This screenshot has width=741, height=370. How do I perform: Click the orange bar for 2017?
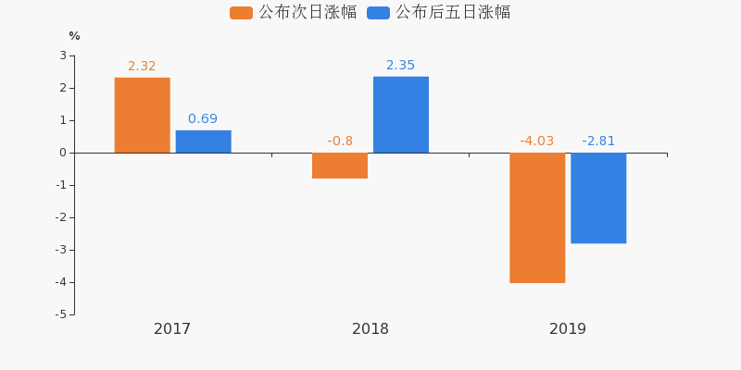click(x=142, y=115)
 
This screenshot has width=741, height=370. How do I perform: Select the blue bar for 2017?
click(x=203, y=142)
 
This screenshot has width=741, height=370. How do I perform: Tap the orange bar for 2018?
click(x=340, y=166)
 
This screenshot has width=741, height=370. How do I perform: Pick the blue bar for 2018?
click(x=401, y=115)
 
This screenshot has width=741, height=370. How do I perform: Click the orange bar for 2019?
click(x=537, y=217)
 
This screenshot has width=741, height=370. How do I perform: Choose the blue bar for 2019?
click(x=598, y=198)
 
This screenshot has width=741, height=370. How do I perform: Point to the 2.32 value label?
click(x=142, y=67)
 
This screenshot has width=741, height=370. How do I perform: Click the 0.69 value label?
click(x=203, y=119)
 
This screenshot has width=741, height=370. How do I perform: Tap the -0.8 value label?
click(x=340, y=142)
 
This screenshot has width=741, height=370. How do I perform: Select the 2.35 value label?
click(x=401, y=66)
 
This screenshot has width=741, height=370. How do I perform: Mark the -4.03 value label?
click(x=537, y=142)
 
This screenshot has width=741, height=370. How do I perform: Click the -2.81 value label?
click(x=598, y=142)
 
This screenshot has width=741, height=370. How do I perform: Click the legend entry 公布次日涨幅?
click(x=295, y=13)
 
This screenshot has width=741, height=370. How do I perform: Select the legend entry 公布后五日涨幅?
click(x=440, y=13)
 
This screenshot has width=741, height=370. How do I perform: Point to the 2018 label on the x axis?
click(x=370, y=329)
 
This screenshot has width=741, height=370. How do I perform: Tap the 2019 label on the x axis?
click(x=568, y=329)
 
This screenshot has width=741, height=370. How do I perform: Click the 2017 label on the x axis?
click(x=172, y=329)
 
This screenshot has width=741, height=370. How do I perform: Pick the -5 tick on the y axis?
click(x=60, y=314)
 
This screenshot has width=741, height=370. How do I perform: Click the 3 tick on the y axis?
click(x=63, y=55)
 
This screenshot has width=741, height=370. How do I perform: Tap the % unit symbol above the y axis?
click(x=74, y=36)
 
